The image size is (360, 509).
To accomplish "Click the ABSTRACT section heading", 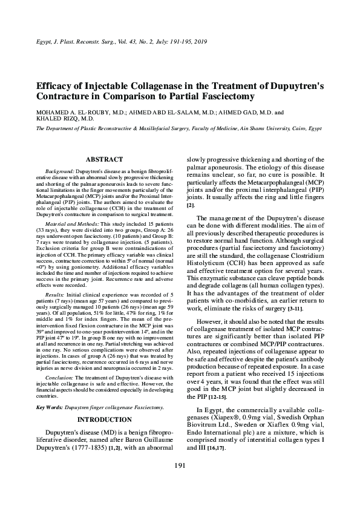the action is point(105,159).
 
